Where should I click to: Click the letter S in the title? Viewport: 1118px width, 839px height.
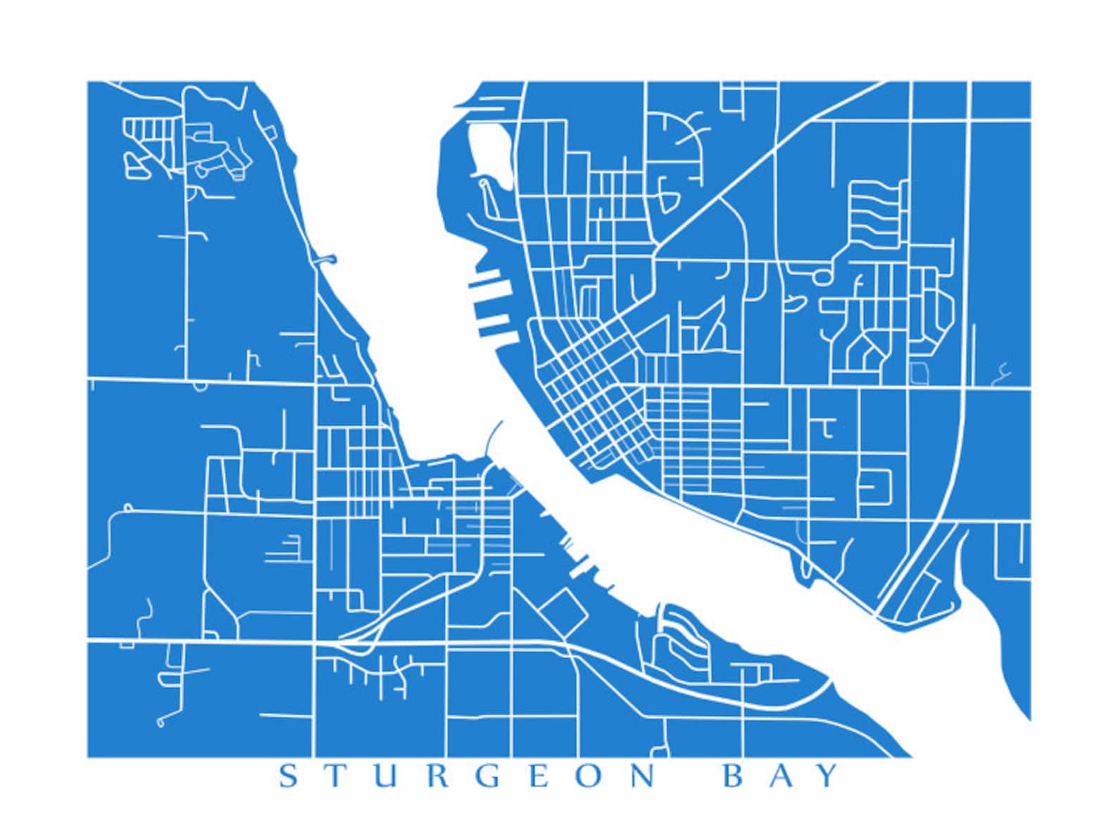pyautogui.click(x=289, y=776)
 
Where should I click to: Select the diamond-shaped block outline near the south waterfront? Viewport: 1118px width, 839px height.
pyautogui.click(x=563, y=612)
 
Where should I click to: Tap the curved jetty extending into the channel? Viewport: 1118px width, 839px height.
pyautogui.click(x=493, y=436)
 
